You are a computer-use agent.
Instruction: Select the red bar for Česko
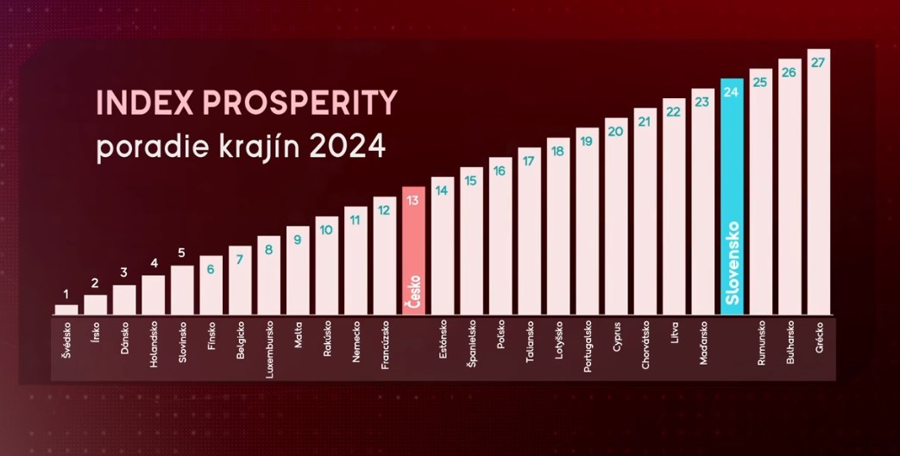pyautogui.click(x=413, y=250)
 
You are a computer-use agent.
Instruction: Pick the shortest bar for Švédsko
pyautogui.click(x=66, y=309)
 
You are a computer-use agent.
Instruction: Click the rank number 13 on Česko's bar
pyautogui.click(x=413, y=200)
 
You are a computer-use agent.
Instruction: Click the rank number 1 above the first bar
pyautogui.click(x=66, y=295)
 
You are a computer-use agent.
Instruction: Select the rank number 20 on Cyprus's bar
pyautogui.click(x=616, y=132)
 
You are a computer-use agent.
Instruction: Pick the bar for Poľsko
pyautogui.click(x=500, y=236)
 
